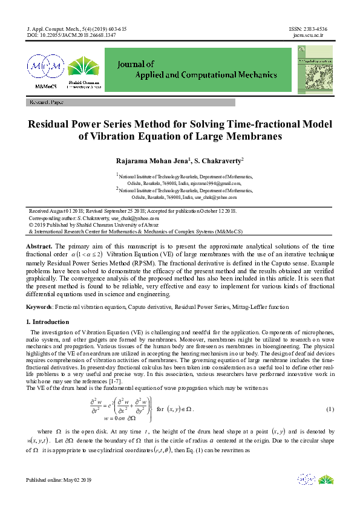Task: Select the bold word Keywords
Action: tap(39, 307)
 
